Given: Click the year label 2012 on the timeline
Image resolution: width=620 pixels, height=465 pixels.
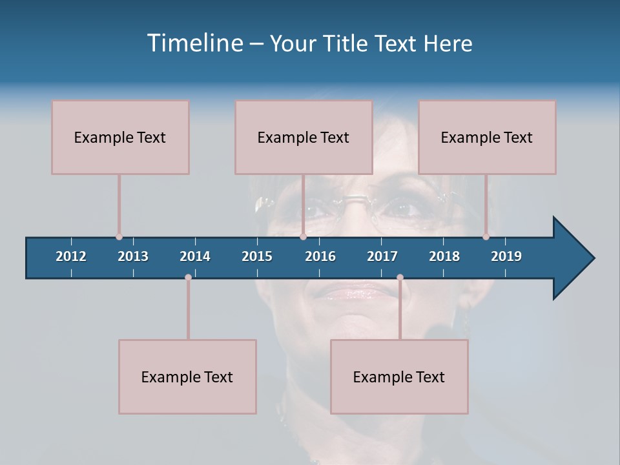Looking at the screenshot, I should tap(71, 256).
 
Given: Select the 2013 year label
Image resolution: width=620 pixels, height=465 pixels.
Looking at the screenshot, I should tap(133, 256).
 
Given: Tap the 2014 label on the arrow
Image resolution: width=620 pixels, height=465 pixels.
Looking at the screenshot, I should tap(195, 256).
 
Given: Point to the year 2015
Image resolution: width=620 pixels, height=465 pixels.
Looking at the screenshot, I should tap(257, 256).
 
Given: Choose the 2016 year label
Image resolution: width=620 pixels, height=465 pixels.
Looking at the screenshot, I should tap(320, 256).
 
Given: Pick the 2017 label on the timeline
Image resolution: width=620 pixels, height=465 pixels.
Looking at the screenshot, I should tap(382, 256).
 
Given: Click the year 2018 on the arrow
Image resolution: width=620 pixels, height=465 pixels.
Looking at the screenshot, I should tap(444, 256).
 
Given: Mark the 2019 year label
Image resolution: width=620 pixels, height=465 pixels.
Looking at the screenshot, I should tap(506, 256).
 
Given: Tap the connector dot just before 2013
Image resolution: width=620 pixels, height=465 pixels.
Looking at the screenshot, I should tap(119, 237).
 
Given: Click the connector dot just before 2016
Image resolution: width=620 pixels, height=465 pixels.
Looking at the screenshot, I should tap(303, 237).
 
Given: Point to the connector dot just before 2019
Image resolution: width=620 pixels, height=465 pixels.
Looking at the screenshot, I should tap(486, 237).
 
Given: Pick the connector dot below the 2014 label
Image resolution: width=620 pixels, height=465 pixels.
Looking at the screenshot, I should tap(188, 278).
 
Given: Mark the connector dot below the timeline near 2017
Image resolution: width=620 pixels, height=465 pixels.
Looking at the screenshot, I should tap(400, 278).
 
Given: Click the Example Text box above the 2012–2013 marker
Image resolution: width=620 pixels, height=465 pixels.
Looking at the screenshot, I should tap(120, 137).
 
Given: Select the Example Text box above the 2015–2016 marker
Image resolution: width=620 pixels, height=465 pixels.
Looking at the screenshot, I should tap(304, 137).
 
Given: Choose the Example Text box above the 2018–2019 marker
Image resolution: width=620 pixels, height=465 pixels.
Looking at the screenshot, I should tap(487, 137).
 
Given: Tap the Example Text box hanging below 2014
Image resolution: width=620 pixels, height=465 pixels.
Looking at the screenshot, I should tap(187, 377).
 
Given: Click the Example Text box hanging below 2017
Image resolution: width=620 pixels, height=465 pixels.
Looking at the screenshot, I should tap(399, 377).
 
